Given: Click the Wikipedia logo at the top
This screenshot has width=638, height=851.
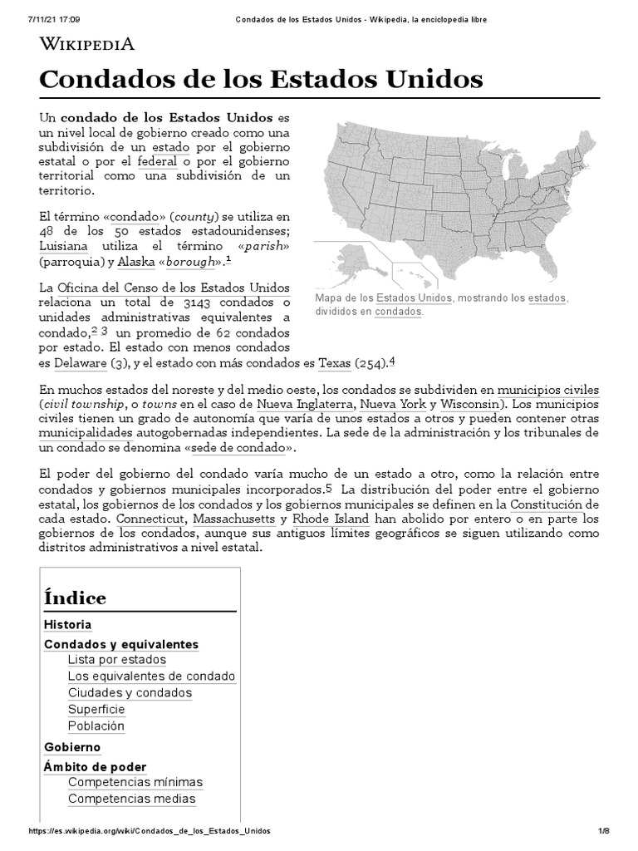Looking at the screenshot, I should (x=87, y=43).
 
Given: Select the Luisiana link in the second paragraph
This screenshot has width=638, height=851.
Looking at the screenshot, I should (x=64, y=246).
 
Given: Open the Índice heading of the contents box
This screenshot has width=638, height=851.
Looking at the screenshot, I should (x=75, y=598).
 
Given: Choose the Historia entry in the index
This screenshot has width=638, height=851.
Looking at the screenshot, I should (x=67, y=624).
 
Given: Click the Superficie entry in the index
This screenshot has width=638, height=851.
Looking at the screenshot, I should (x=96, y=709).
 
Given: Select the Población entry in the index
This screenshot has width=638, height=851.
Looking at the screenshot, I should (x=96, y=726).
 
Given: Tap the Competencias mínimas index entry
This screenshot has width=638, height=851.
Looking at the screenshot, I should (x=135, y=782).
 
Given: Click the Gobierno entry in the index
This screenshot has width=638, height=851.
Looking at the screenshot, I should (x=71, y=747).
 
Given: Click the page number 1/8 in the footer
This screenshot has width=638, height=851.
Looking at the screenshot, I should (x=604, y=831).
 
